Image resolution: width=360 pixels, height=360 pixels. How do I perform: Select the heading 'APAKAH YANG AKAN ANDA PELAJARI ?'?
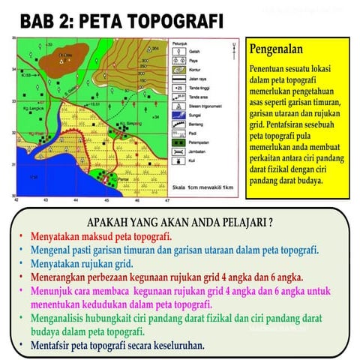179,223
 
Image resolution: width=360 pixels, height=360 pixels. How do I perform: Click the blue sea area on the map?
37,180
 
